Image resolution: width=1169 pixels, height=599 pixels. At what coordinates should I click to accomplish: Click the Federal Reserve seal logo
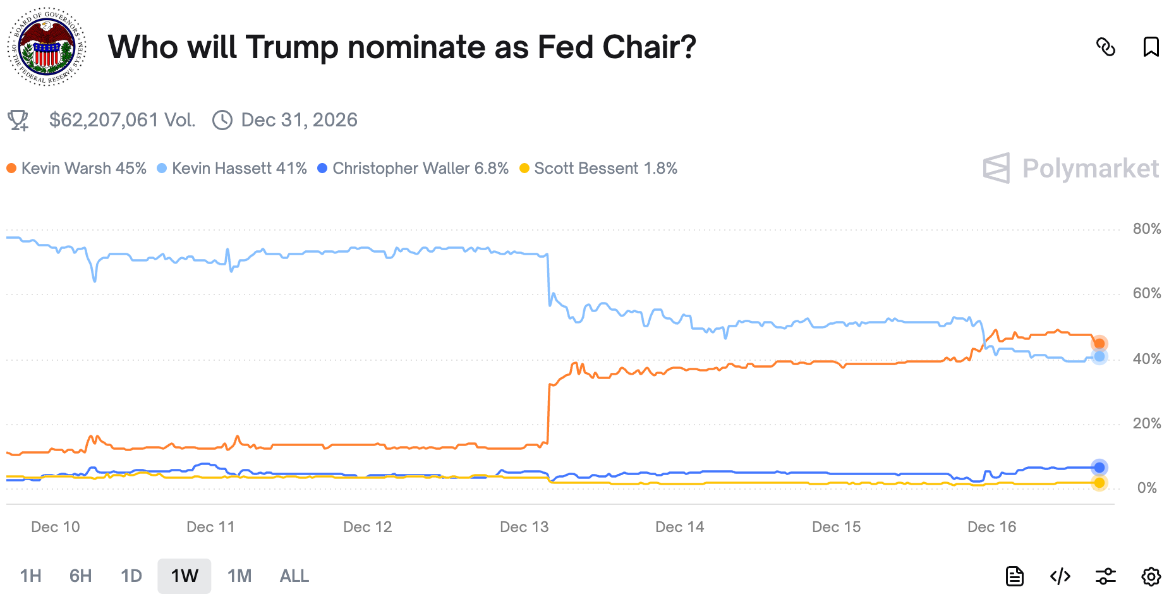tap(47, 47)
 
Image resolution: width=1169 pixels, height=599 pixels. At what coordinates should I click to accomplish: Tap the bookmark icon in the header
tap(1151, 47)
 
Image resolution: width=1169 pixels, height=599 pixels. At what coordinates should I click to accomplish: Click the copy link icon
tap(1105, 47)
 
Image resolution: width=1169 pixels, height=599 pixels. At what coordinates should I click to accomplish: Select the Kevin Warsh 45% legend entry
tap(76, 168)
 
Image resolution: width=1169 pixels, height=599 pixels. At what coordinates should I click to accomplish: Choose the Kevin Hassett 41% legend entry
tap(232, 168)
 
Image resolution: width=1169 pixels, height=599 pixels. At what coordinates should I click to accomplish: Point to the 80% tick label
tap(1146, 229)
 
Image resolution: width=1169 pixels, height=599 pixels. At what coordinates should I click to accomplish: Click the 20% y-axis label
tap(1146, 423)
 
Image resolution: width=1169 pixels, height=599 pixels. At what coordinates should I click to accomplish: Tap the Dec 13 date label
tap(524, 527)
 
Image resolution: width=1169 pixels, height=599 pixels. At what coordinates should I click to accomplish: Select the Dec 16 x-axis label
tap(991, 527)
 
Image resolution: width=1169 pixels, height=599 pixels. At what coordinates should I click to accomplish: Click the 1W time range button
tap(185, 576)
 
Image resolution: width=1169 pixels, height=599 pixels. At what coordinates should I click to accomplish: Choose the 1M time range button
tap(239, 576)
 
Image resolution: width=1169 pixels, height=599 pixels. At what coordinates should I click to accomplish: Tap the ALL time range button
tap(294, 576)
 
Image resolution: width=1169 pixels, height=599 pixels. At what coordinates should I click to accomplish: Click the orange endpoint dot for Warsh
tap(1099, 344)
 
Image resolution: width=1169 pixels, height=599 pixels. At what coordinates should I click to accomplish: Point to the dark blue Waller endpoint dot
tap(1099, 468)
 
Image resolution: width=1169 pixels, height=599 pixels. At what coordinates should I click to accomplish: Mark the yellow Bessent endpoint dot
tap(1099, 483)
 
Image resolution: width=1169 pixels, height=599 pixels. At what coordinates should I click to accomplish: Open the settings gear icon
tap(1151, 576)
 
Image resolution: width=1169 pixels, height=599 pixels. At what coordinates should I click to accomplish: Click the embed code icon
tap(1060, 576)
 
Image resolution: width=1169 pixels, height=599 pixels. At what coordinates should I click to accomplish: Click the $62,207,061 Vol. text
tap(122, 120)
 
